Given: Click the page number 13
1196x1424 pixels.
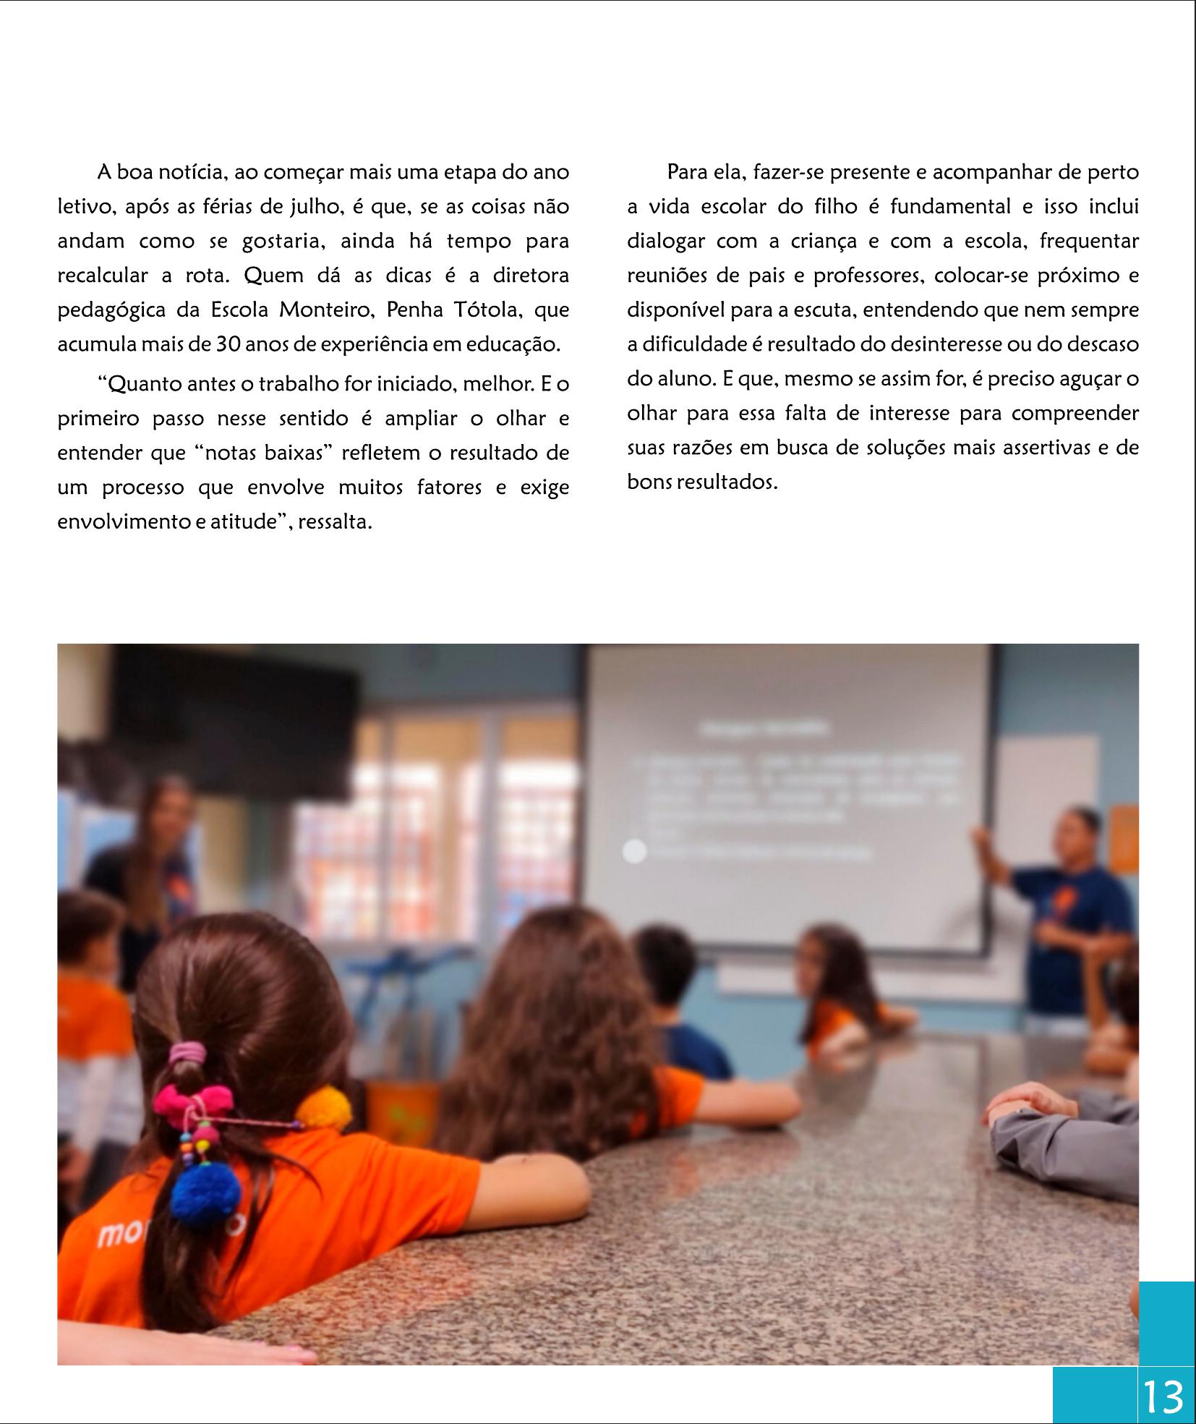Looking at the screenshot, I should pyautogui.click(x=1164, y=1397).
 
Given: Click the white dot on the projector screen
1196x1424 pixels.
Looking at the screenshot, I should pyautogui.click(x=634, y=851).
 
